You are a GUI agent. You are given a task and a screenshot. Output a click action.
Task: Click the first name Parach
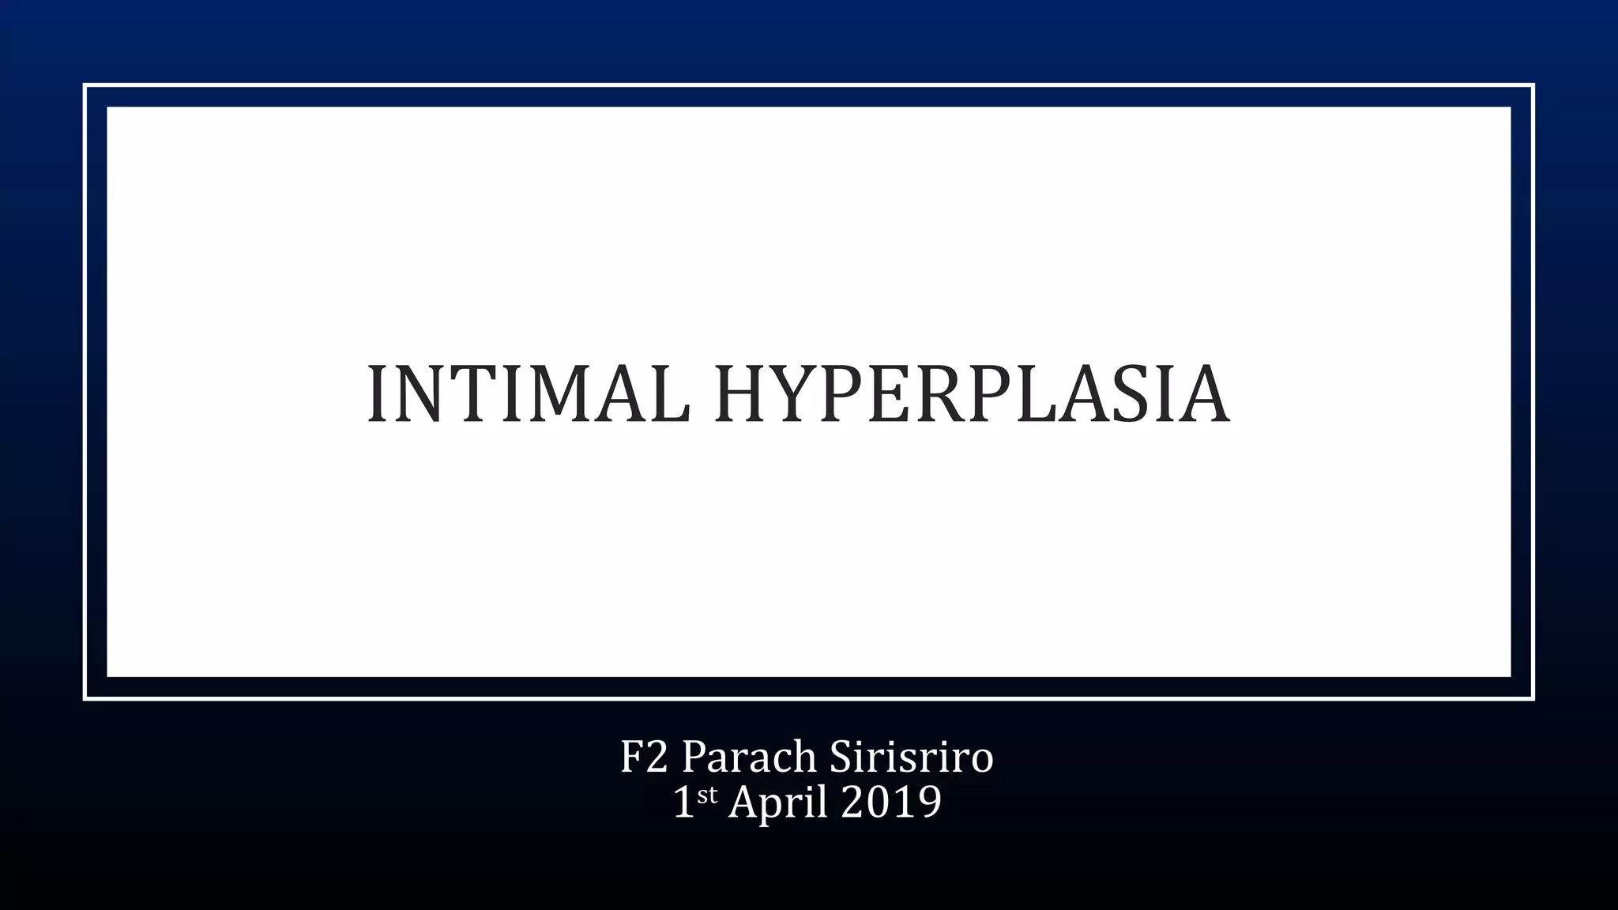click(x=749, y=757)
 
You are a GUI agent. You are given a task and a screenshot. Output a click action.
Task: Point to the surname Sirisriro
click(x=911, y=757)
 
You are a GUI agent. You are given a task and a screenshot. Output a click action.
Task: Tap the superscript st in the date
click(x=707, y=795)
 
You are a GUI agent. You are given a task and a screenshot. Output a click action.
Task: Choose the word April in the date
click(x=778, y=803)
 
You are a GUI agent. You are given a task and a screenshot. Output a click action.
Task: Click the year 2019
click(x=891, y=803)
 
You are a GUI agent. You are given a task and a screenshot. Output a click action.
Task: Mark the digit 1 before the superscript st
click(x=683, y=803)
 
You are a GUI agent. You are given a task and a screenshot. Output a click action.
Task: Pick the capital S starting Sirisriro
click(x=842, y=757)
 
